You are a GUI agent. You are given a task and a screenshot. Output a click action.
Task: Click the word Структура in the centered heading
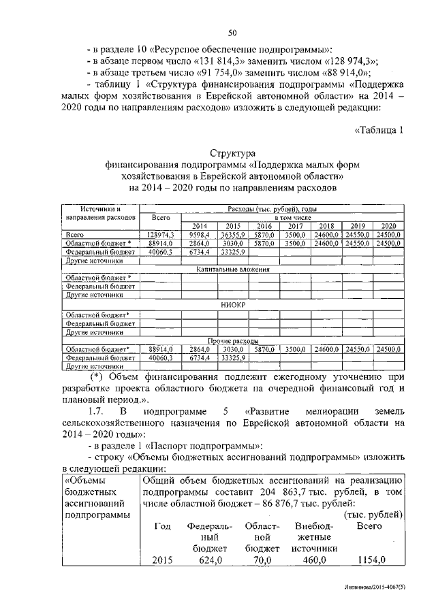(232, 154)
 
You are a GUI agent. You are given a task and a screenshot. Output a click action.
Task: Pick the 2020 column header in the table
(388, 226)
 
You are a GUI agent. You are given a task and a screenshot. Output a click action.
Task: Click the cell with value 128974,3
(161, 235)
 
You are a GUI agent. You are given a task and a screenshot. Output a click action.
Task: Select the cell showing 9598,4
(199, 235)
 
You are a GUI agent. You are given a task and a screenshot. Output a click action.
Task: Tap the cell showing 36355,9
(232, 235)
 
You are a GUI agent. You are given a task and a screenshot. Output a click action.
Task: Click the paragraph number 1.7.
(99, 412)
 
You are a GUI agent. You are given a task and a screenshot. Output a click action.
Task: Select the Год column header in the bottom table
(162, 527)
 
